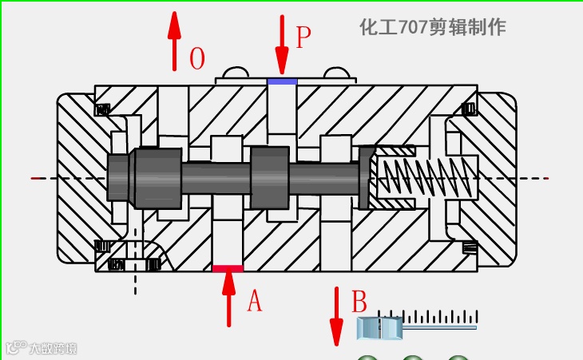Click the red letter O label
click(197, 59)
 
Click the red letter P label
click(303, 38)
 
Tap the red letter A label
click(254, 301)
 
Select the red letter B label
click(359, 303)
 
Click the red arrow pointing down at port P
click(281, 44)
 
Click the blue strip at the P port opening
click(282, 81)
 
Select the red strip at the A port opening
click(228, 269)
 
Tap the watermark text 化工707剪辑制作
click(433, 27)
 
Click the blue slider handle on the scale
click(379, 327)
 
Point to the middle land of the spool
click(269, 177)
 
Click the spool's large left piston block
click(157, 176)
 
